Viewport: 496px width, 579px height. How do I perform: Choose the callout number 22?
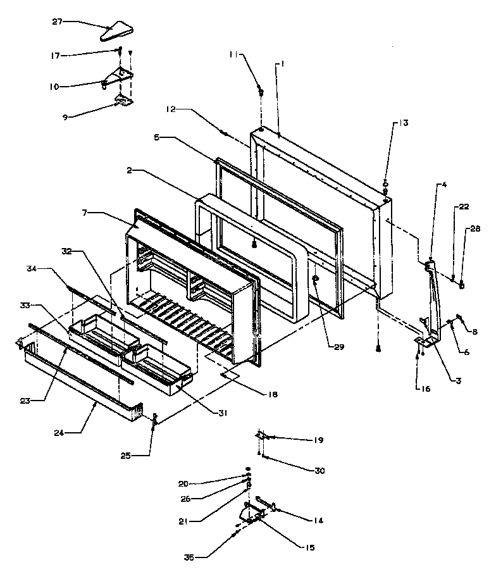tap(464, 207)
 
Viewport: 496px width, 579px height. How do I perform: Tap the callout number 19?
tap(304, 439)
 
